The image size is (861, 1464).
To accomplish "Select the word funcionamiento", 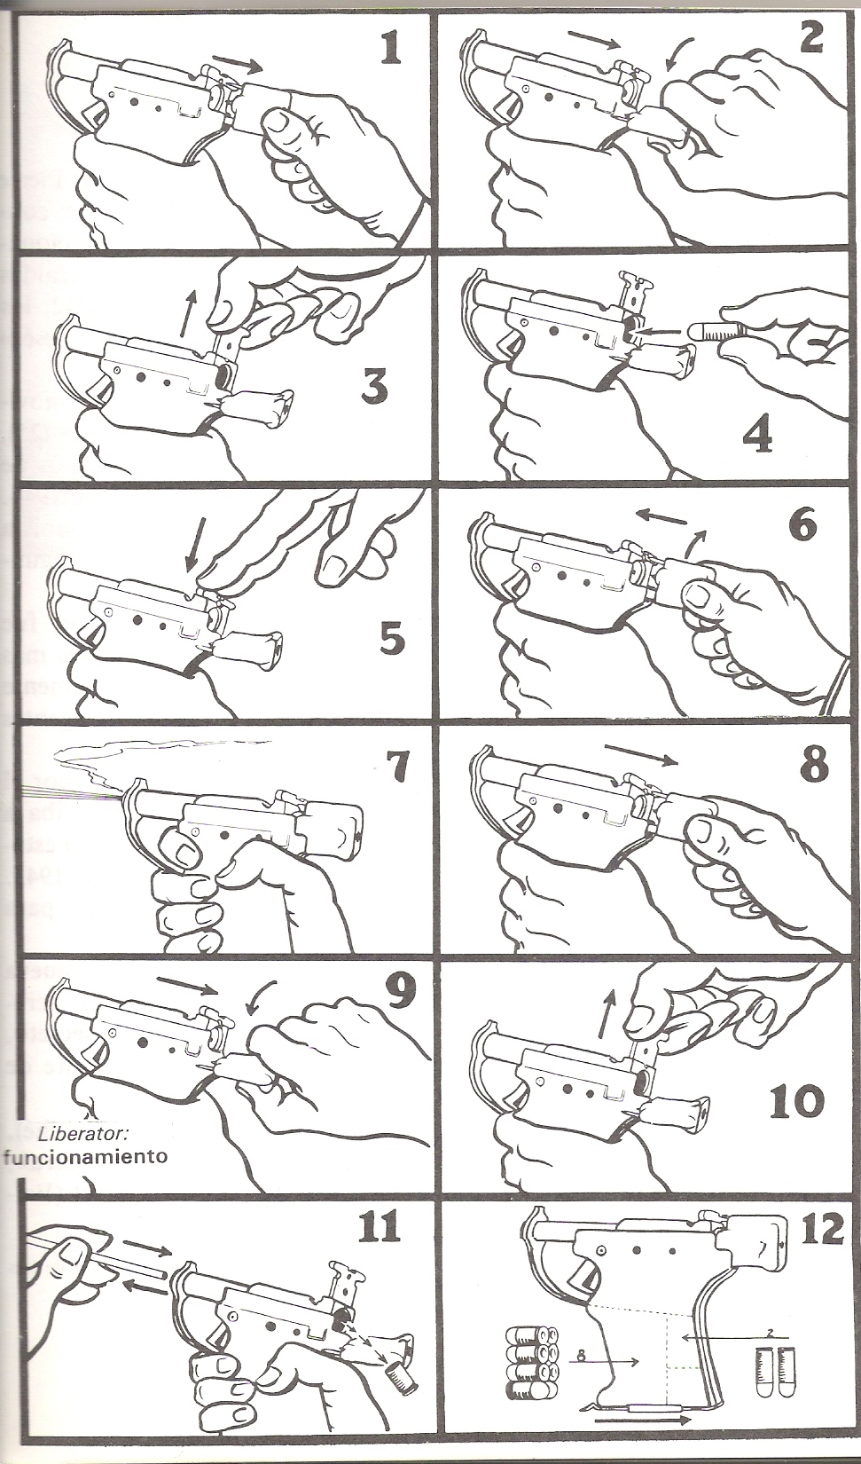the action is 83,1156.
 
